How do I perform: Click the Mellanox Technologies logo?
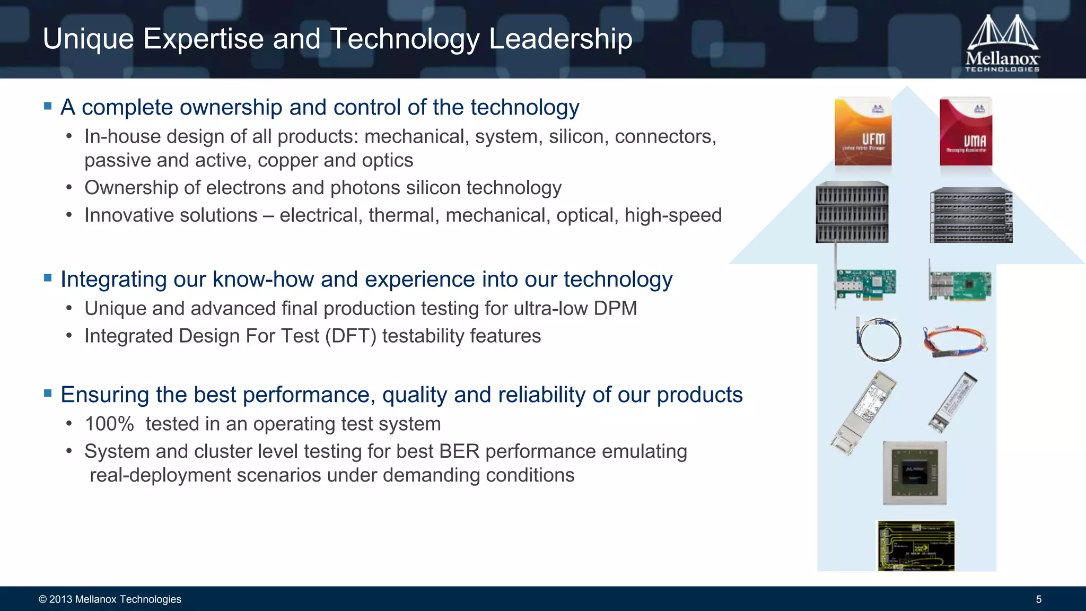1002,43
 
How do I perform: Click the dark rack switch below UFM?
852,212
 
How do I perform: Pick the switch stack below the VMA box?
971,215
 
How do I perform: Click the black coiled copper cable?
878,339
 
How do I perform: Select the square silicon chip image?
914,473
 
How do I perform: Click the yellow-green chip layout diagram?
916,546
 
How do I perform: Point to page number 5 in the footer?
1038,599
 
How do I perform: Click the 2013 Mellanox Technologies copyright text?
110,599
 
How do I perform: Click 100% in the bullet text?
109,424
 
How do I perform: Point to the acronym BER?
459,451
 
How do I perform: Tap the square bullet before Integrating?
48,278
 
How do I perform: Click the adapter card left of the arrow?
865,284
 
